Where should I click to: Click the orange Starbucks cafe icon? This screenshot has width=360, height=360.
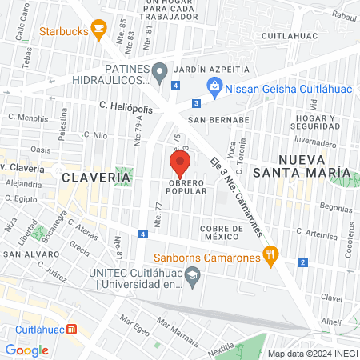point(98,30)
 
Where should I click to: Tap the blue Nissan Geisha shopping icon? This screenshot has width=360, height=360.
point(214,86)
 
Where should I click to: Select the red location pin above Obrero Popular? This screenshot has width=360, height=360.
point(180,166)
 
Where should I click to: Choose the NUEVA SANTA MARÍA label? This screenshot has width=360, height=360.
point(311,165)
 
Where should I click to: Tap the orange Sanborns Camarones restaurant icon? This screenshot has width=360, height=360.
point(271,256)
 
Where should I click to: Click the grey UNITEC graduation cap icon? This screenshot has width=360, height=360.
point(192,278)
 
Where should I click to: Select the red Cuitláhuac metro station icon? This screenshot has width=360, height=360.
point(72,329)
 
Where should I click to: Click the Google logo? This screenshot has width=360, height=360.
point(27,350)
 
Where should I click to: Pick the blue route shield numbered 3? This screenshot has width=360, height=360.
point(196,102)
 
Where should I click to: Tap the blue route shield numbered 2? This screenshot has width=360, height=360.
point(303,262)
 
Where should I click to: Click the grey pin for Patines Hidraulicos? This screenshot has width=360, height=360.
point(160,70)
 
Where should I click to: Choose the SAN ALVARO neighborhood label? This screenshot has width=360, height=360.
point(28,254)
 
